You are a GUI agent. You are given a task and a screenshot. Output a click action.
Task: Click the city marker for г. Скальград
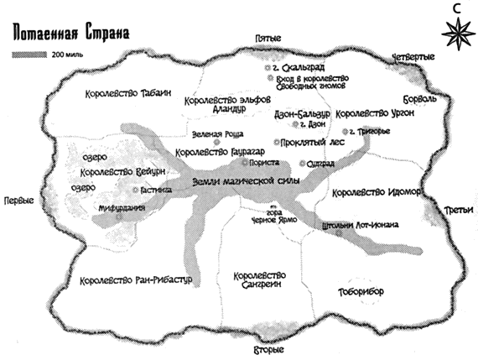[x=267, y=65]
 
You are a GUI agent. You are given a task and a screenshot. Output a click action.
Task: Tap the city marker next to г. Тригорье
[x=345, y=133]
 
